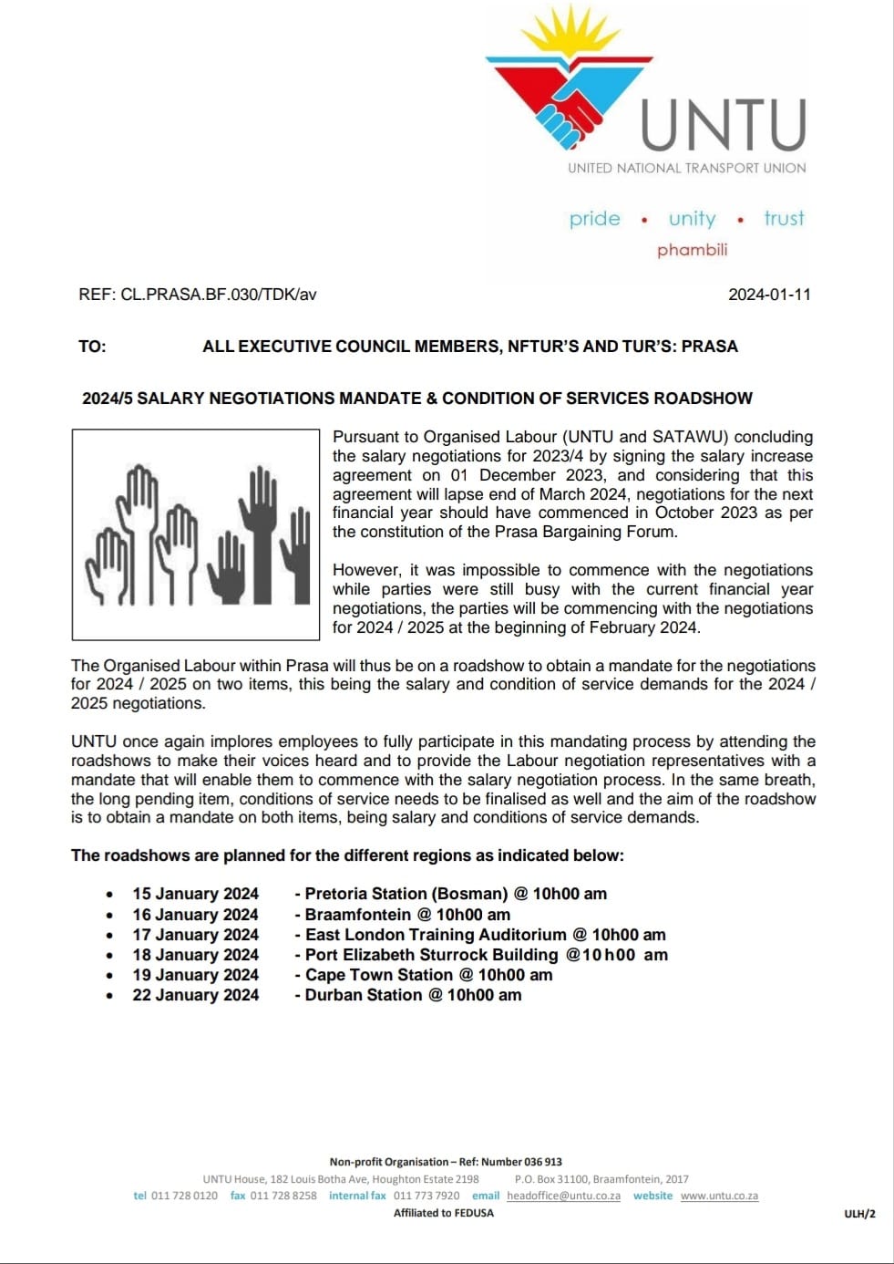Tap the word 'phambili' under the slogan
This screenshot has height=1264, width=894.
[x=692, y=250]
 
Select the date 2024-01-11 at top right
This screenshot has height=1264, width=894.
[x=769, y=295]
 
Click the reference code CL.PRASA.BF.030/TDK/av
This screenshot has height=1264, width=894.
[x=219, y=295]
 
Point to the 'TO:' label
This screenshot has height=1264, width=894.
[x=92, y=347]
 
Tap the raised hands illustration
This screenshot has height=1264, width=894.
[x=196, y=534]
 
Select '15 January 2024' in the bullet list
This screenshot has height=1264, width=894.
[x=195, y=894]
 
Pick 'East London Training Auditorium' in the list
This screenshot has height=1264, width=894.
[x=436, y=935]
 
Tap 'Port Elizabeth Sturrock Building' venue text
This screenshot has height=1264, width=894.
[x=431, y=955]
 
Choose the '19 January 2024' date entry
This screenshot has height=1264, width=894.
[x=195, y=975]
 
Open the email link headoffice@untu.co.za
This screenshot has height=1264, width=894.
[x=563, y=1196]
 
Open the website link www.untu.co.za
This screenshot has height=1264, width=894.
[x=719, y=1196]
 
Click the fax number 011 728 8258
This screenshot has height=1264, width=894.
[x=283, y=1196]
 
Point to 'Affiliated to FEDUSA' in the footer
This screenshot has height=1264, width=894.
[x=444, y=1213]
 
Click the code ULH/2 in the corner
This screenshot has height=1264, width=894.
[x=859, y=1214]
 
